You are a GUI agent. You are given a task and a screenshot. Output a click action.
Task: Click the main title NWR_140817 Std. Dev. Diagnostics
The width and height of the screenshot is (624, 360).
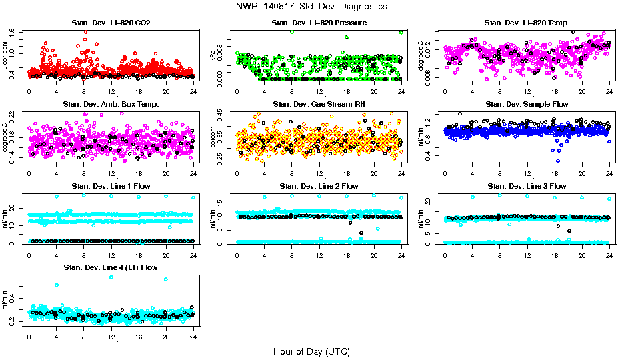(x=311, y=7)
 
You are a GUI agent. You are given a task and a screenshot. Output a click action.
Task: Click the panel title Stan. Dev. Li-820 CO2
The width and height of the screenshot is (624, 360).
(x=111, y=23)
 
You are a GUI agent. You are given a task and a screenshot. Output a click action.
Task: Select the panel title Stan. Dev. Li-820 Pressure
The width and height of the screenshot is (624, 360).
(x=319, y=23)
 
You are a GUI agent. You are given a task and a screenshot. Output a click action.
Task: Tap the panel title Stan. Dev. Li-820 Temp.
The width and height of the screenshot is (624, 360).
(x=527, y=23)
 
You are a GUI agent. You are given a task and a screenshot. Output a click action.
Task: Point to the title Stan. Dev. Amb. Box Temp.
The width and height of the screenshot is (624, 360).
(x=111, y=105)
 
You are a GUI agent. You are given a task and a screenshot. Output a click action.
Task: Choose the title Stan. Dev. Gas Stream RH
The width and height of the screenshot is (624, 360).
(x=319, y=105)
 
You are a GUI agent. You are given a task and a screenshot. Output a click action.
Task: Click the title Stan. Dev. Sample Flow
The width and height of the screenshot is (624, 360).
(x=527, y=105)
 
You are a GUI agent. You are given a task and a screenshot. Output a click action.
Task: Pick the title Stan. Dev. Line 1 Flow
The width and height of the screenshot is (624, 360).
(x=111, y=186)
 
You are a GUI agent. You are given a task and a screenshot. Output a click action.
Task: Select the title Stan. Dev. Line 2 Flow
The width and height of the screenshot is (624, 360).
(x=319, y=186)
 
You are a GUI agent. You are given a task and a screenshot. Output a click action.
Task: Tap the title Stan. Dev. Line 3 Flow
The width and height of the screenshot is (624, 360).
(x=527, y=186)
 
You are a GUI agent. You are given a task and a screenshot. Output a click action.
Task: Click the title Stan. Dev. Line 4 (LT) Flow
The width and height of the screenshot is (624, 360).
(x=111, y=268)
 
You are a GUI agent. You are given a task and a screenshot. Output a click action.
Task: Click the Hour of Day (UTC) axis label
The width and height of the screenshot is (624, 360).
(x=311, y=351)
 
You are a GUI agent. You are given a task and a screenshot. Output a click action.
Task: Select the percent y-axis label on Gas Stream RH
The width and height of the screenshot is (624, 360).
(x=213, y=136)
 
